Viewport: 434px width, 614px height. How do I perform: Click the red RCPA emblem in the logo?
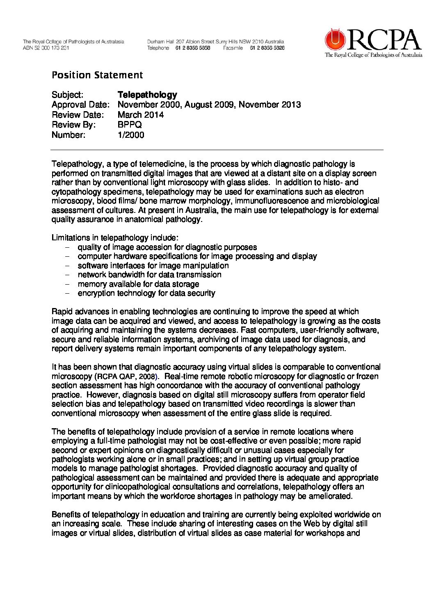click(x=336, y=40)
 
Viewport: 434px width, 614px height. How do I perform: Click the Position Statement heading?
click(x=97, y=75)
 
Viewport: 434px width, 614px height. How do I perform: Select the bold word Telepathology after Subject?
click(x=147, y=95)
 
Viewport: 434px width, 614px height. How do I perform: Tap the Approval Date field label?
click(x=80, y=105)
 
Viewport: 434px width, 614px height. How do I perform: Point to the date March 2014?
click(x=140, y=115)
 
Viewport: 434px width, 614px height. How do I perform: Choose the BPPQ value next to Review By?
click(x=130, y=125)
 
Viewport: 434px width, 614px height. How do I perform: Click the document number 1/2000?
click(x=131, y=135)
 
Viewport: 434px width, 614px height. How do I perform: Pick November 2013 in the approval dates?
click(x=270, y=105)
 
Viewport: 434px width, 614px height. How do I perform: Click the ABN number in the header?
click(x=46, y=48)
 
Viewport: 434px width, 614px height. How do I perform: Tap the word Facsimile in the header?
click(x=233, y=48)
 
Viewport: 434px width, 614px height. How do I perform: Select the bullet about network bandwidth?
click(x=149, y=275)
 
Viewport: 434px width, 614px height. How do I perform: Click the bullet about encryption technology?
click(x=146, y=293)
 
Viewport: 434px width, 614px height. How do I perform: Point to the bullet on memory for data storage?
click(x=138, y=284)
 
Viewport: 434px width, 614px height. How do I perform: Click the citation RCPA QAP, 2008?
click(x=126, y=377)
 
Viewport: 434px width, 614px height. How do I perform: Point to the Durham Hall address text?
click(x=215, y=41)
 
